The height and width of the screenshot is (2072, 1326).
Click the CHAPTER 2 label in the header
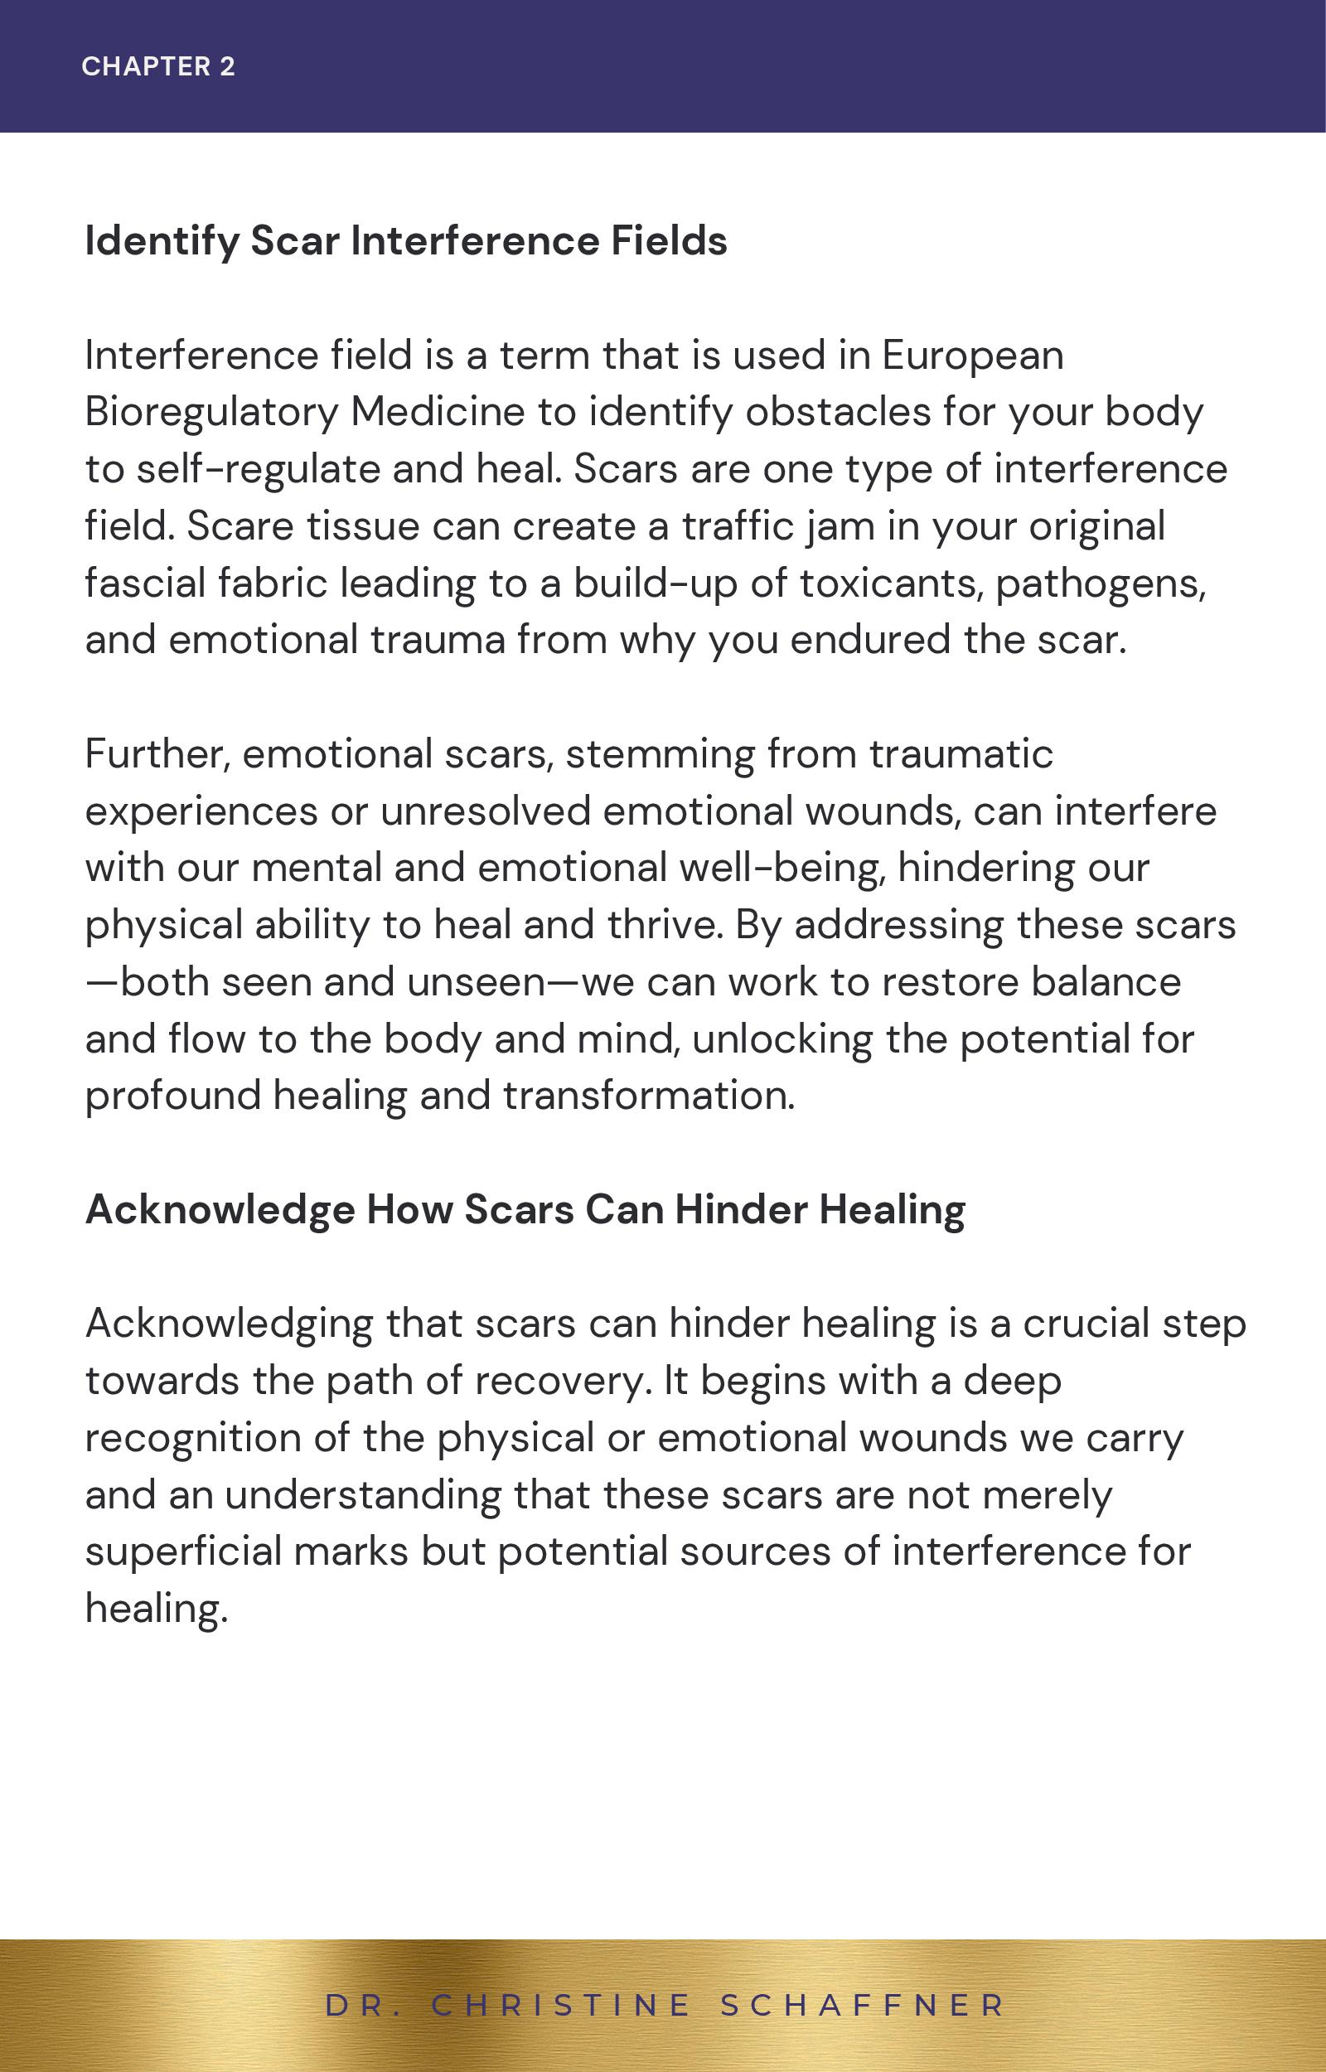(x=158, y=66)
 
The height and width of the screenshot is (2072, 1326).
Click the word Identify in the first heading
(x=161, y=241)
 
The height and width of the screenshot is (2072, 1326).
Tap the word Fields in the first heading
(x=669, y=241)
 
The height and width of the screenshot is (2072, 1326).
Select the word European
(x=972, y=356)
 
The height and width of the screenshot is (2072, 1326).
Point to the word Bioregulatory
(x=212, y=413)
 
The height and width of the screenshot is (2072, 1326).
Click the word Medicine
(x=438, y=413)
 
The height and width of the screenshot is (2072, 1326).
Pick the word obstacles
(x=838, y=413)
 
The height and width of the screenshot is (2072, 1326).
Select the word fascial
(x=145, y=583)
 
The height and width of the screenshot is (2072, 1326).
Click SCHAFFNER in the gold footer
(x=862, y=2005)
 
